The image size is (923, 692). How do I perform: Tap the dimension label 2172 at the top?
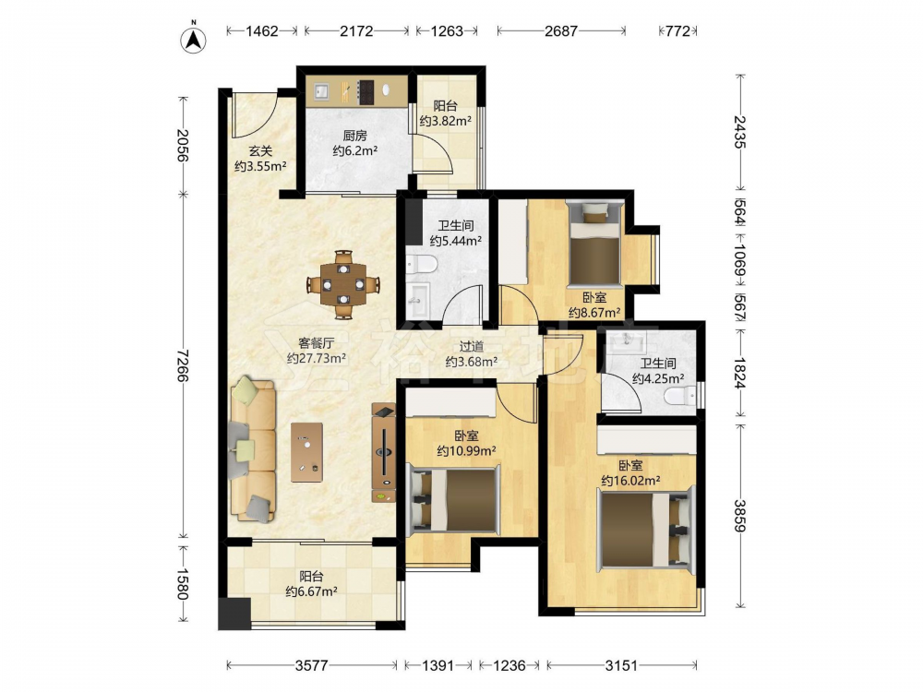(356, 30)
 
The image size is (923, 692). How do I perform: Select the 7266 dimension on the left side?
(183, 364)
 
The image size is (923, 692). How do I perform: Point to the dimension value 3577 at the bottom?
(311, 665)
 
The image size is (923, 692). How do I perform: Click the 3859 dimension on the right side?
(740, 516)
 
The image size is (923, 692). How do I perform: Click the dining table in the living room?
(342, 285)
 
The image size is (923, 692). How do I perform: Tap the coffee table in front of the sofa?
(306, 452)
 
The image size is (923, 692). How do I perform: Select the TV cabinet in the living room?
(383, 453)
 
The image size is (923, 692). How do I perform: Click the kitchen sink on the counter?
(321, 91)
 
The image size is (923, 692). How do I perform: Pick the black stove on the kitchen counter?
(366, 91)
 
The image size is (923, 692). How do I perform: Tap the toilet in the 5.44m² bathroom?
(422, 264)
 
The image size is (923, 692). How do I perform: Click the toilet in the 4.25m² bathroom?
(680, 396)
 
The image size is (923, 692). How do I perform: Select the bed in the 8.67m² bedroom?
(595, 243)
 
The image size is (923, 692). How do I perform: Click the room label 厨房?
(355, 136)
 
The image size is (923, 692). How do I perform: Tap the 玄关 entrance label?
(260, 150)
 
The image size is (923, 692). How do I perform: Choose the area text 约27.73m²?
(316, 358)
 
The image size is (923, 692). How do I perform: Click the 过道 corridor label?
(472, 347)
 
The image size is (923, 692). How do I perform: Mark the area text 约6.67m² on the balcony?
(311, 591)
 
